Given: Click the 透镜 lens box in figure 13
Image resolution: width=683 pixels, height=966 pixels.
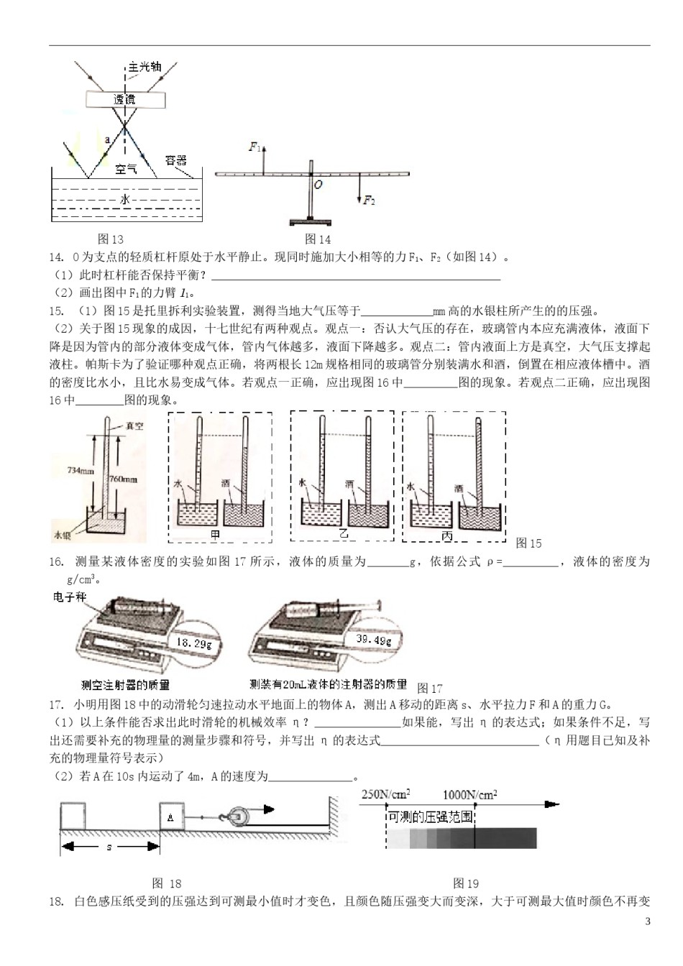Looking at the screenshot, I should (125, 100).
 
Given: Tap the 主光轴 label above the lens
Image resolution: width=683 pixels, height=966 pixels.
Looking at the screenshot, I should (145, 67).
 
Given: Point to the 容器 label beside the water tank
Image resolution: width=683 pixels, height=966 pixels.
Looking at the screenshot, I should (176, 160).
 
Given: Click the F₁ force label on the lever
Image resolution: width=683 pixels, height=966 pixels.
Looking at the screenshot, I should (255, 147).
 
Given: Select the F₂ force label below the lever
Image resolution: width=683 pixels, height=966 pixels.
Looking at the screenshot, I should (369, 201).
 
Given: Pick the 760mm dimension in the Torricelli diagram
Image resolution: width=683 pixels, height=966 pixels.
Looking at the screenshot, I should (124, 479).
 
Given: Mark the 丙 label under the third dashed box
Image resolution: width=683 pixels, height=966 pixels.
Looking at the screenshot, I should (446, 536).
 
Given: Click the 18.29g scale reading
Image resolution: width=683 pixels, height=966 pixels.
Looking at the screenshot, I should (194, 643).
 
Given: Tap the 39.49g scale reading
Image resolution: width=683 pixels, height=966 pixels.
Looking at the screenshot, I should (374, 640).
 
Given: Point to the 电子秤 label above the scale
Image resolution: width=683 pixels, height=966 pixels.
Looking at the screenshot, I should (70, 597).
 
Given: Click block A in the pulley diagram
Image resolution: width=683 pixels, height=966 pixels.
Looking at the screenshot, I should (171, 818).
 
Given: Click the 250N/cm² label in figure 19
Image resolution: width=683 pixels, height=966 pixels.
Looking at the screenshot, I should (385, 794).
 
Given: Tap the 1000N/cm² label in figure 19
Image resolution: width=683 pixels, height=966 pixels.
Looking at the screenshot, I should (469, 794).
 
